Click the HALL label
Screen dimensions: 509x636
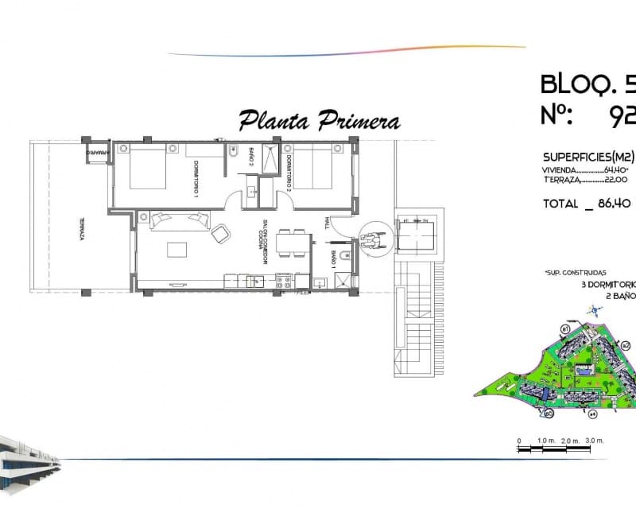327,226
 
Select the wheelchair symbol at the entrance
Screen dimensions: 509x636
370,237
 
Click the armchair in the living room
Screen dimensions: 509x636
220,233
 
